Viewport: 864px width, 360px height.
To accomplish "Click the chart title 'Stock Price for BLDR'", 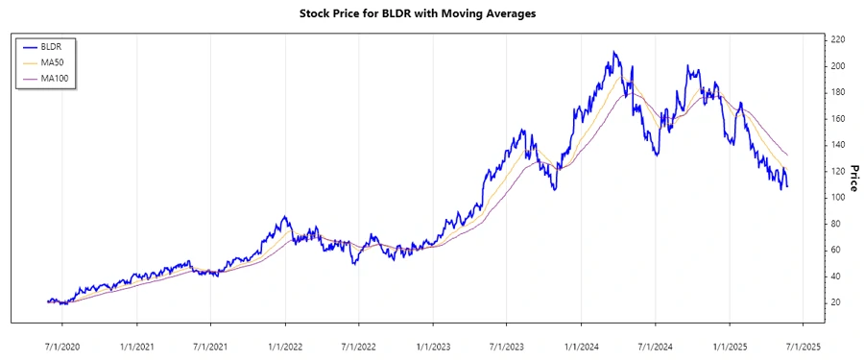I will (x=431, y=14).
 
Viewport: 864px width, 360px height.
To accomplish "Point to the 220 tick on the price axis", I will (x=837, y=39).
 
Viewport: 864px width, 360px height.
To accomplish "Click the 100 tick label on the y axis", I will (x=837, y=197).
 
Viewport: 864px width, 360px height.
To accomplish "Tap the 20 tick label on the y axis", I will (x=835, y=302).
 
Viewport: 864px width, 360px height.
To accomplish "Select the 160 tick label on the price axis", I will (x=837, y=118).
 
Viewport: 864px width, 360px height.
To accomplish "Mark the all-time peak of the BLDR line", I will (x=615, y=52).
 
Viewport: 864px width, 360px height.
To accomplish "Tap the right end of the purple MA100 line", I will (x=788, y=155).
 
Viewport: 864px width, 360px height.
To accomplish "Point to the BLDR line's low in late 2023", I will (x=554, y=189).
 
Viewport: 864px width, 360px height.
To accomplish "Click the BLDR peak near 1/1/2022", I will (x=284, y=217).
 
